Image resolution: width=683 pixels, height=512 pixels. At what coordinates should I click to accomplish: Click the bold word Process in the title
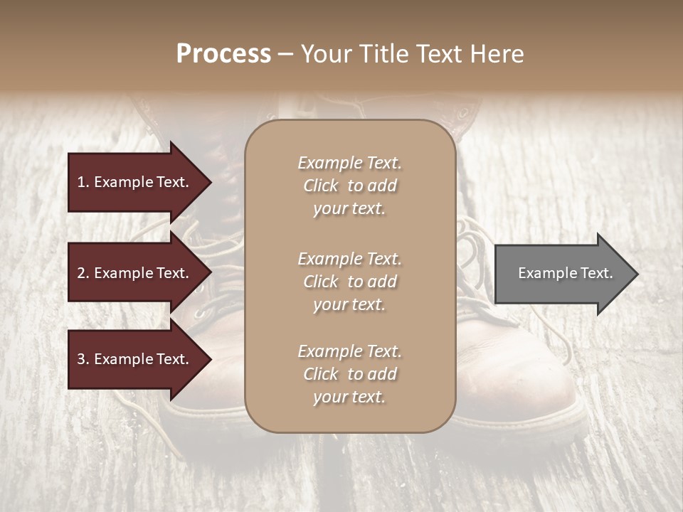tap(223, 53)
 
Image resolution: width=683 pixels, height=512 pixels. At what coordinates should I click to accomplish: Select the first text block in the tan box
tap(349, 186)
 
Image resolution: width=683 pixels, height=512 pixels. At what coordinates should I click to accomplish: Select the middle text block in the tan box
tap(349, 282)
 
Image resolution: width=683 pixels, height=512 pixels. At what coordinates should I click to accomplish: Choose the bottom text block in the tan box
tap(349, 374)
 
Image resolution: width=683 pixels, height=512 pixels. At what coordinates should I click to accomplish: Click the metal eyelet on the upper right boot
tap(464, 113)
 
